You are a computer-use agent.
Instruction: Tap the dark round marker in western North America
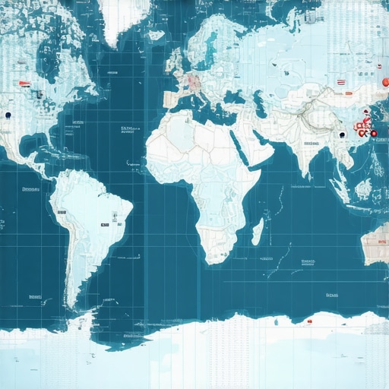8,115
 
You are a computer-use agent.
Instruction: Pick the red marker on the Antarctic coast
310,321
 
